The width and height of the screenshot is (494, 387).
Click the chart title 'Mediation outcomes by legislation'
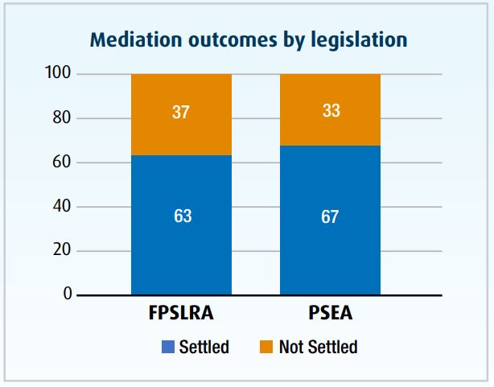pos(249,39)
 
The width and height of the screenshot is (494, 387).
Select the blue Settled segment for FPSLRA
pos(181,241)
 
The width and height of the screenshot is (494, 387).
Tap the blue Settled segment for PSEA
pos(330,241)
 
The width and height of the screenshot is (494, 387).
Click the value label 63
pos(181,216)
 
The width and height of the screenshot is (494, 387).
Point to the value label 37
pos(181,112)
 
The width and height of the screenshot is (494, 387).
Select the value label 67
pos(330,216)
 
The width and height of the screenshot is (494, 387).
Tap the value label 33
pos(330,110)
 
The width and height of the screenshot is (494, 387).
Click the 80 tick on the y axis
pos(64,118)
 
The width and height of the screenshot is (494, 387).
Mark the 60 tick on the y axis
pos(64,163)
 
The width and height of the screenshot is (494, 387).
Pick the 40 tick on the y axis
pos(64,207)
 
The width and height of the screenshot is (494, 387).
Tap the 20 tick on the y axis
pos(64,251)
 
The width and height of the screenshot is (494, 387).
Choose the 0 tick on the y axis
pos(68,294)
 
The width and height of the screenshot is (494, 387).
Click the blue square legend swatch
pos(168,348)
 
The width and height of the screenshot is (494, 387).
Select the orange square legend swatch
pos(267,348)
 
